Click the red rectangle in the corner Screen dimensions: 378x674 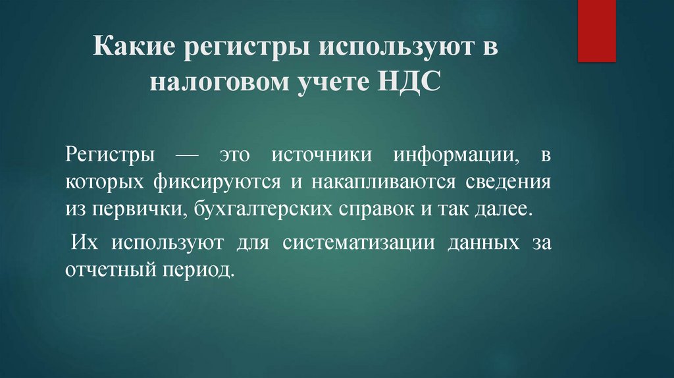click(596, 30)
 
